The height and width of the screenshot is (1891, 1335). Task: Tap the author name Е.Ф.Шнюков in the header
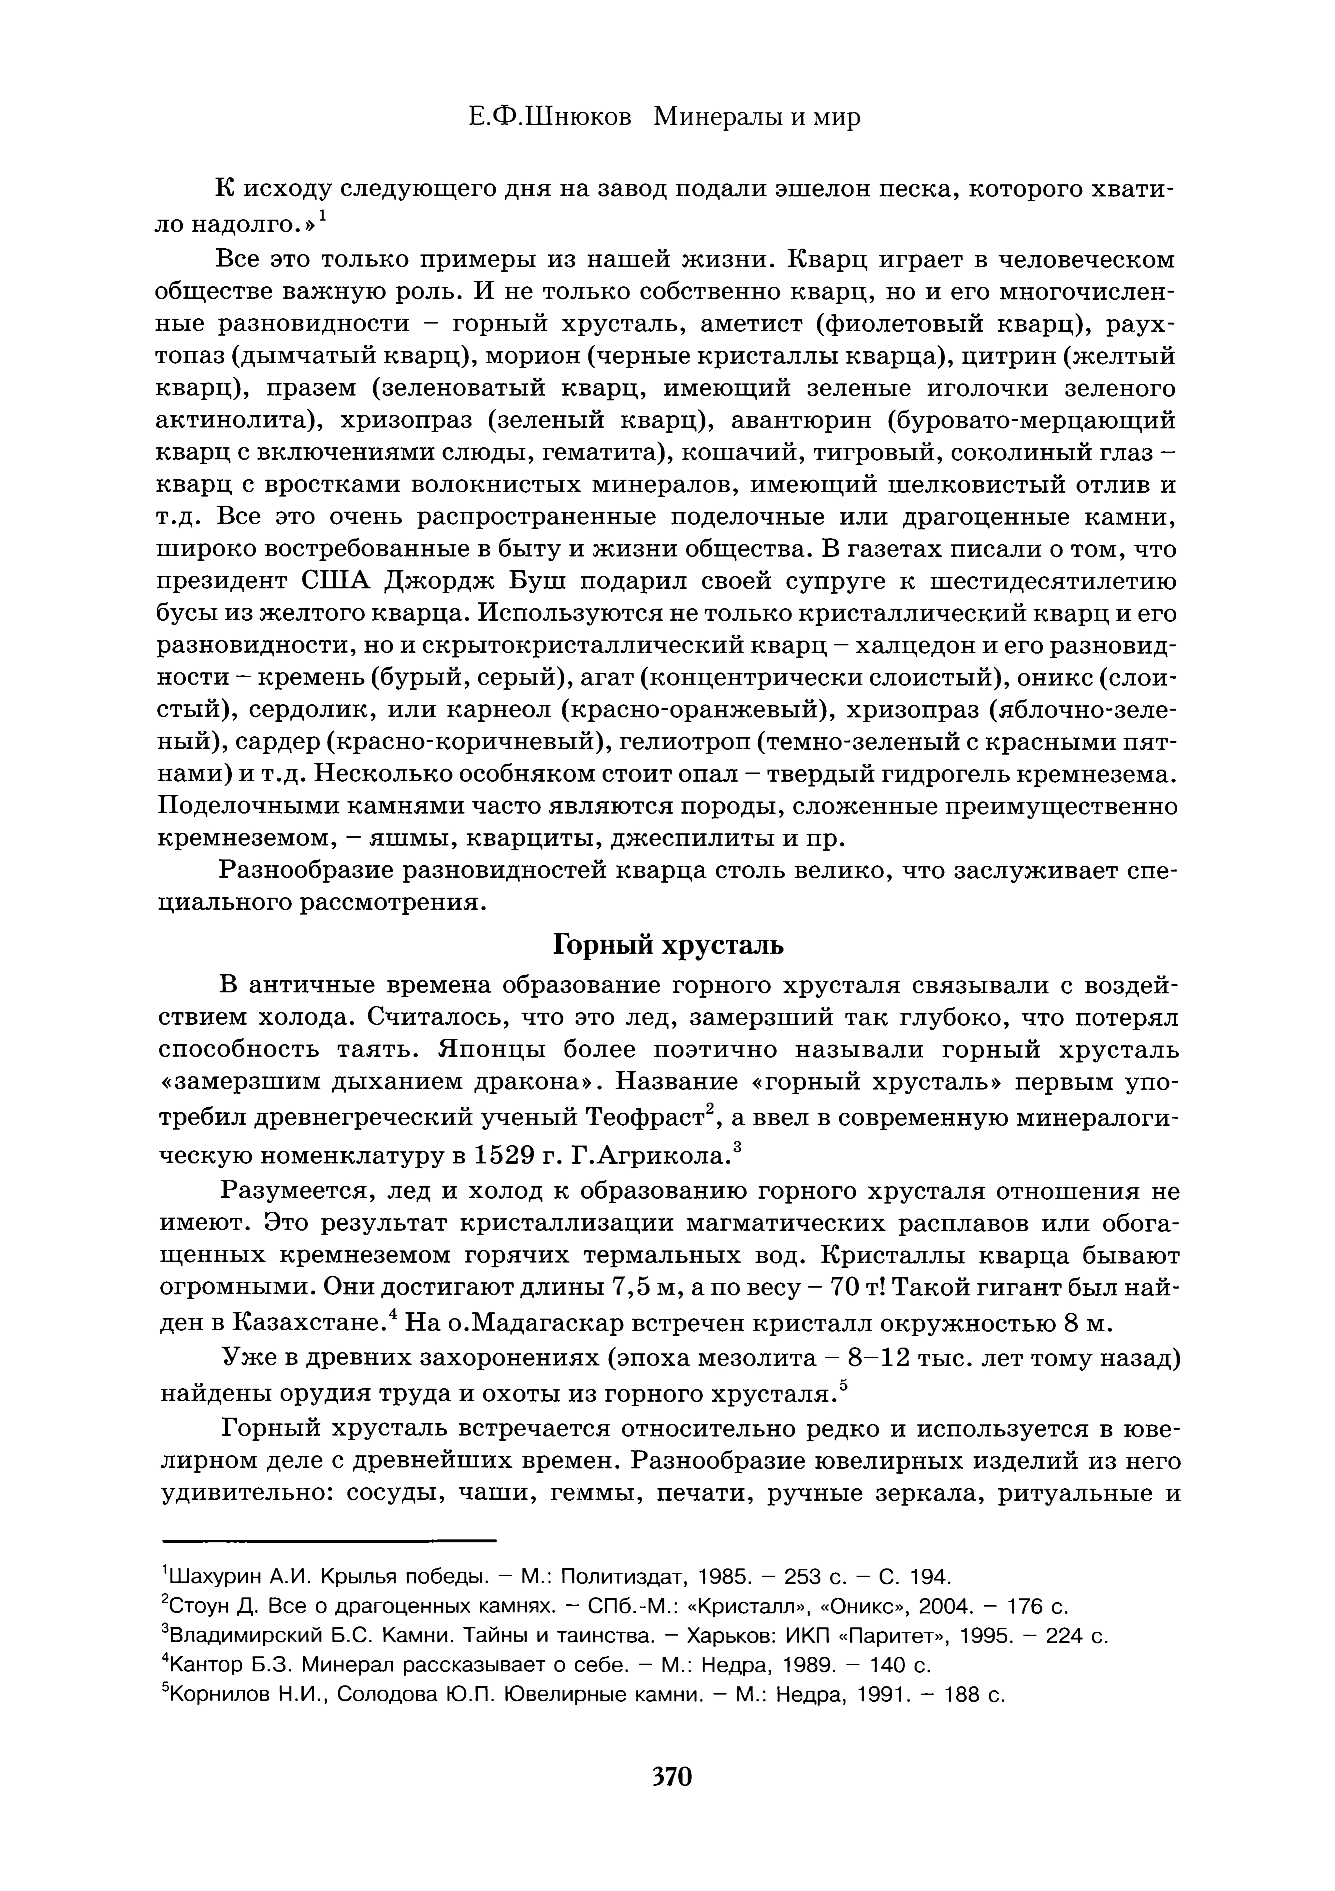coord(549,117)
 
